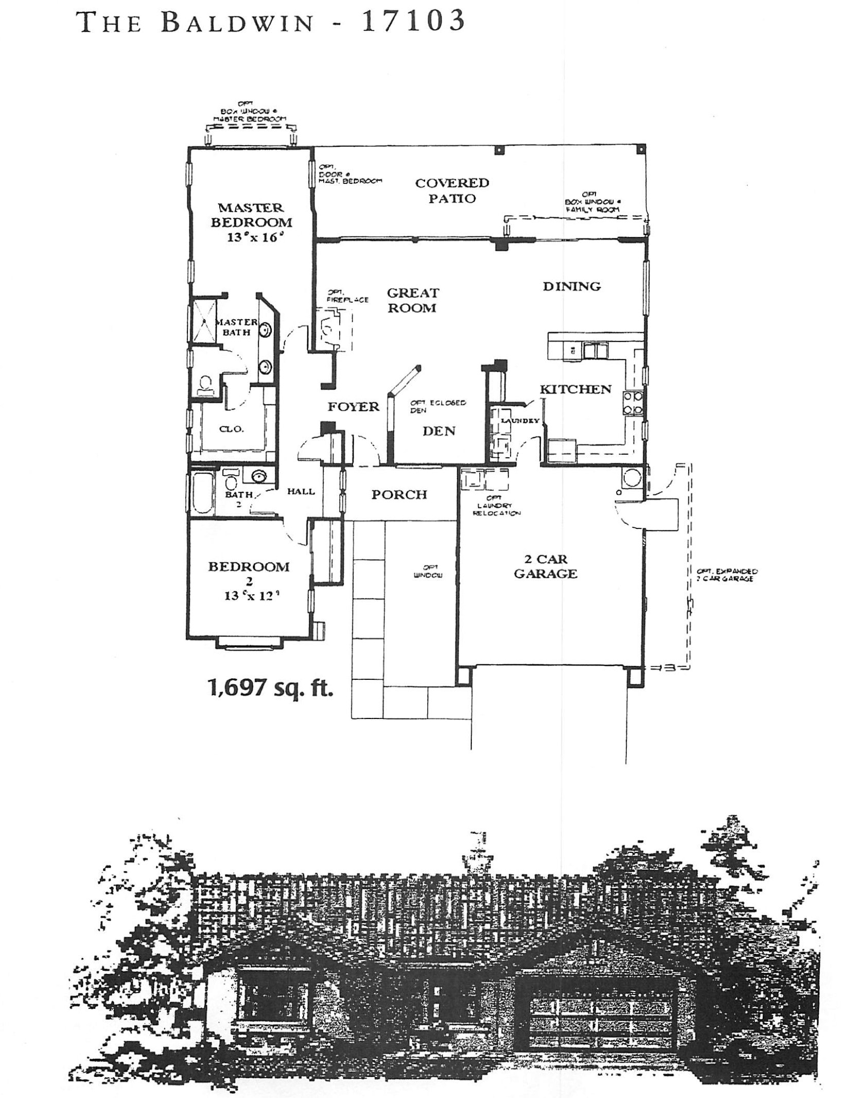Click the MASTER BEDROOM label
click(x=251, y=215)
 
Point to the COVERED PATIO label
click(x=452, y=191)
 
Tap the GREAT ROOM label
click(x=412, y=300)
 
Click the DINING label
click(x=571, y=286)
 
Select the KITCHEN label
click(x=575, y=389)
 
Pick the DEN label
click(x=439, y=431)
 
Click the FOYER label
click(x=354, y=407)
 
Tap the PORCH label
click(x=399, y=494)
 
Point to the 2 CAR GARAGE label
click(x=545, y=567)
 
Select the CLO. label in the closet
click(x=232, y=429)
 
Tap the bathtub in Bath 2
click(x=201, y=493)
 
